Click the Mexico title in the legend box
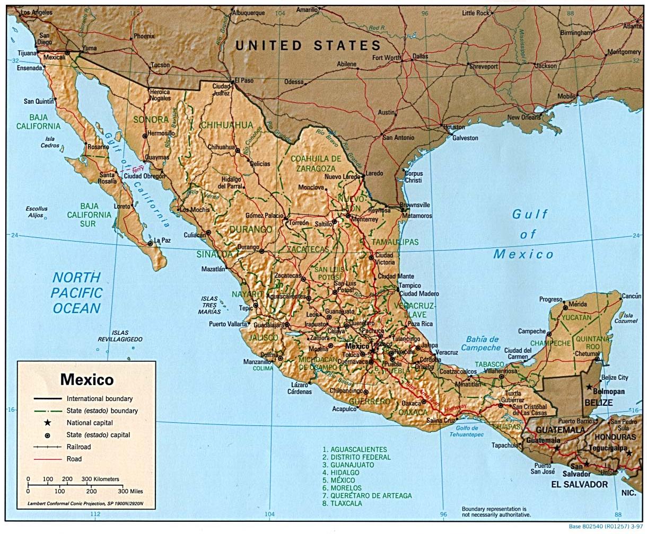coord(86,379)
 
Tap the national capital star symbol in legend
coord(48,423)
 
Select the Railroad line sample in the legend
coord(48,447)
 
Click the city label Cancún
coord(631,296)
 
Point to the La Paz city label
coord(163,240)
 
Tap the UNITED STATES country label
coord(308,46)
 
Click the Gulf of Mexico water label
coord(524,235)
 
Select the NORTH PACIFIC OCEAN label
coord(76,292)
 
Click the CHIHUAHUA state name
coord(226,125)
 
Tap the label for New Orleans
coord(524,117)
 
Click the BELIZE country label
coord(599,403)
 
